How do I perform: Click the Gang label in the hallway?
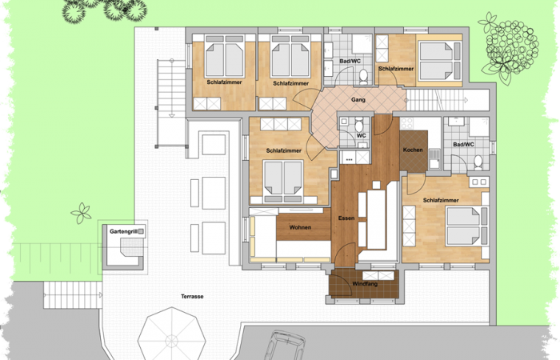(x=358, y=99)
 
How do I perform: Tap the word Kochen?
(x=413, y=150)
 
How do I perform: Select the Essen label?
(x=346, y=217)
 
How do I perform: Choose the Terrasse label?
(x=192, y=296)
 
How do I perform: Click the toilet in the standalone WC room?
(x=359, y=125)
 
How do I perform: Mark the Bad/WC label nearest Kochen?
(x=464, y=145)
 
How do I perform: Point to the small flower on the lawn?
(x=82, y=213)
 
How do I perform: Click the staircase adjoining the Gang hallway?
(x=436, y=100)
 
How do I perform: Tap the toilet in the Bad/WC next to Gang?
(x=363, y=76)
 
